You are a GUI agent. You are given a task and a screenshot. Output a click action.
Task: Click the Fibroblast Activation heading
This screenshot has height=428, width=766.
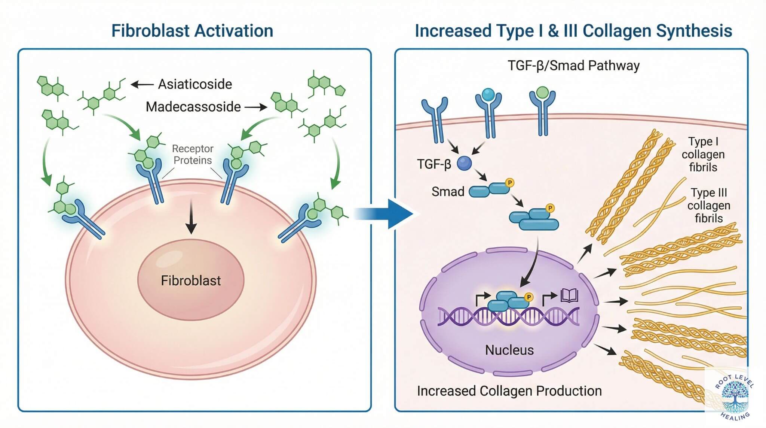click(192, 31)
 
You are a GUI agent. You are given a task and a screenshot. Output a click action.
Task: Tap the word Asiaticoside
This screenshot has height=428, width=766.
click(195, 84)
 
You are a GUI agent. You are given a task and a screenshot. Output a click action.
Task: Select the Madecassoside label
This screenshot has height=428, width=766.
click(193, 107)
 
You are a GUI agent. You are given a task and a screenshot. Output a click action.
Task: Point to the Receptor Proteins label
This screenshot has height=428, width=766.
click(193, 154)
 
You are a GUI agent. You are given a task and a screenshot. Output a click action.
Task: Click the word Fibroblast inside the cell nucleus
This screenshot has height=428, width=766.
click(191, 280)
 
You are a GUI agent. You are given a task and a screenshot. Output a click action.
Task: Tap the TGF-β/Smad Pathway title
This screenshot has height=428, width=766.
click(573, 66)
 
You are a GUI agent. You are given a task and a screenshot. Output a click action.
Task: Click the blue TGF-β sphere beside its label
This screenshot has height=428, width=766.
click(464, 163)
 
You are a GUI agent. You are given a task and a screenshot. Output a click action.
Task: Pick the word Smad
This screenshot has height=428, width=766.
click(448, 192)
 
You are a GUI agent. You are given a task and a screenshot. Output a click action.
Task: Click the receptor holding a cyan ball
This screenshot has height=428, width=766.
click(488, 109)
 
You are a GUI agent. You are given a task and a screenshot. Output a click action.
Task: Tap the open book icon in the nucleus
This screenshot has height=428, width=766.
click(569, 296)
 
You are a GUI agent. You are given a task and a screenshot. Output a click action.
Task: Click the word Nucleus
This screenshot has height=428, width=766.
click(509, 350)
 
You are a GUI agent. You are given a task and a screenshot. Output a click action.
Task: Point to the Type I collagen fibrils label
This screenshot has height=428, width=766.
click(703, 154)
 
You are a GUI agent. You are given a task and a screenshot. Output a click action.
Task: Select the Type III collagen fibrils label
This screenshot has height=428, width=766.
click(708, 205)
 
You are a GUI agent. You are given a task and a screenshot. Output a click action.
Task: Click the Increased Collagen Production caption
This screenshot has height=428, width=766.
click(509, 391)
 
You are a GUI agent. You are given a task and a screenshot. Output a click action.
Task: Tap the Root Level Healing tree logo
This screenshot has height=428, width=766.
click(734, 395)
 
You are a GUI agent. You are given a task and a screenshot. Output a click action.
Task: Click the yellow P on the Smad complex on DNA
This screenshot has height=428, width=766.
click(528, 297)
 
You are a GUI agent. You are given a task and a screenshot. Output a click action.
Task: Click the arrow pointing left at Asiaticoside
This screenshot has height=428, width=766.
click(142, 85)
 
